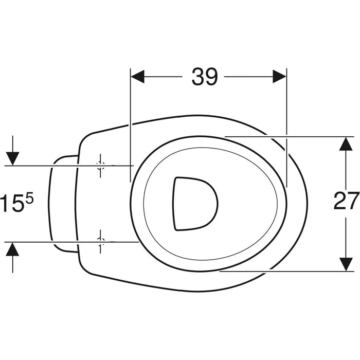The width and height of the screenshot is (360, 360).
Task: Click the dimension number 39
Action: [204, 77]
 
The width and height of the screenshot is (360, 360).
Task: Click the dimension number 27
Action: [346, 201]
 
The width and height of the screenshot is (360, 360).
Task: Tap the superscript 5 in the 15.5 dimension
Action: [29, 199]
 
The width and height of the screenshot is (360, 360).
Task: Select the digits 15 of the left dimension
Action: [11, 203]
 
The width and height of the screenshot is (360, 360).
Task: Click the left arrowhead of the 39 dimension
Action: [137, 77]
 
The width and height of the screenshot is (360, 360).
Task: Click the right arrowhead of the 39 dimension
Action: [279, 77]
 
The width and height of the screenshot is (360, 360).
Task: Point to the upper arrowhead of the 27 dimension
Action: [346, 143]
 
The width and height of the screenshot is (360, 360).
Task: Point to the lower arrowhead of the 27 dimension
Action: [346, 264]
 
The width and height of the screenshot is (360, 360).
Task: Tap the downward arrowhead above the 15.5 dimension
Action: [12, 158]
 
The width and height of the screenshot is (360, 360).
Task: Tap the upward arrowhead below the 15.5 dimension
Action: [12, 249]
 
